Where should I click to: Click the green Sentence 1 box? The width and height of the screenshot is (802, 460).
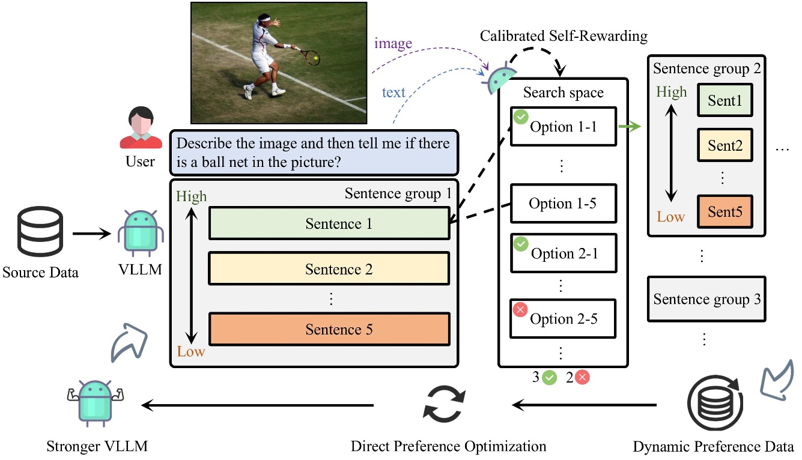pyautogui.click(x=329, y=224)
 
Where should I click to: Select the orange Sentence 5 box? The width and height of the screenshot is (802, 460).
pyautogui.click(x=329, y=329)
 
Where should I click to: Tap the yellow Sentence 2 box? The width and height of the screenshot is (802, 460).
pyautogui.click(x=329, y=269)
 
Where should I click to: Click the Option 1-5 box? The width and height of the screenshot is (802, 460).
pyautogui.click(x=563, y=204)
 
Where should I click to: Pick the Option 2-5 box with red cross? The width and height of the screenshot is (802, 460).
pyautogui.click(x=563, y=318)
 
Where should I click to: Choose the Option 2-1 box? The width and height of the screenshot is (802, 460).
pyautogui.click(x=563, y=253)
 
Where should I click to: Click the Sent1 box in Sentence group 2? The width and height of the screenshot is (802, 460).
pyautogui.click(x=725, y=101)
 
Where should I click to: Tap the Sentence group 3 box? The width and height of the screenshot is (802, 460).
pyautogui.click(x=706, y=298)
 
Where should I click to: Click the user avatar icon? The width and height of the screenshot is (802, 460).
pyautogui.click(x=141, y=128)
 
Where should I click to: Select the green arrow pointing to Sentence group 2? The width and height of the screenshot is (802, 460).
pyautogui.click(x=630, y=127)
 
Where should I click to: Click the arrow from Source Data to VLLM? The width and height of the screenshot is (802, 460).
pyautogui.click(x=93, y=234)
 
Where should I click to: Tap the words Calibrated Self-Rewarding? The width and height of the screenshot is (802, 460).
pyautogui.click(x=564, y=37)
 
